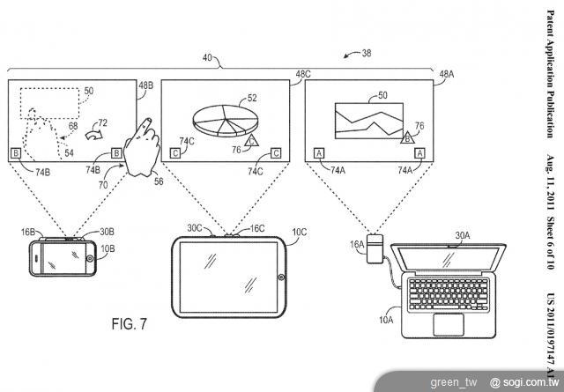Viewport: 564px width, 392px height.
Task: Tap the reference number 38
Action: click(366, 53)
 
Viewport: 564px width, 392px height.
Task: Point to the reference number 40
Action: click(209, 59)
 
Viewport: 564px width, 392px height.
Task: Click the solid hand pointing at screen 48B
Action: click(142, 147)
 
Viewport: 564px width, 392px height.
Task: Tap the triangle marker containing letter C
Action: click(251, 138)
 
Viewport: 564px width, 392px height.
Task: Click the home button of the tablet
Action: click(281, 277)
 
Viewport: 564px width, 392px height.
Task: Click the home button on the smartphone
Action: click(91, 259)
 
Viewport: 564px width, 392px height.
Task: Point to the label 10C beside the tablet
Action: click(299, 233)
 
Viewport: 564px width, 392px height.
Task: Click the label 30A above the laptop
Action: click(462, 236)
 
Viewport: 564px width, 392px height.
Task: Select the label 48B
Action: click(145, 85)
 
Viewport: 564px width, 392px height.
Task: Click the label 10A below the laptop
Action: click(385, 320)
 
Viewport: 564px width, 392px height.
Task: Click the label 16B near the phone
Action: click(28, 233)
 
